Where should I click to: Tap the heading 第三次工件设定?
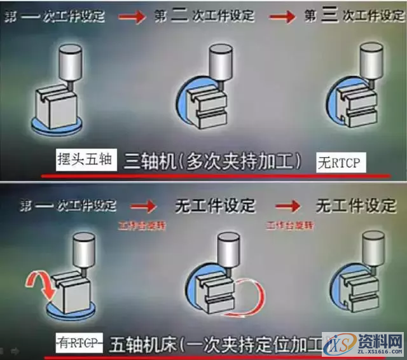coord(354,16)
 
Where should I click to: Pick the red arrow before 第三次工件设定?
coord(284,17)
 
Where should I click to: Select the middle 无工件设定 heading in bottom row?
coord(214,205)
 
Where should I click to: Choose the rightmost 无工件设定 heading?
coord(355,205)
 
